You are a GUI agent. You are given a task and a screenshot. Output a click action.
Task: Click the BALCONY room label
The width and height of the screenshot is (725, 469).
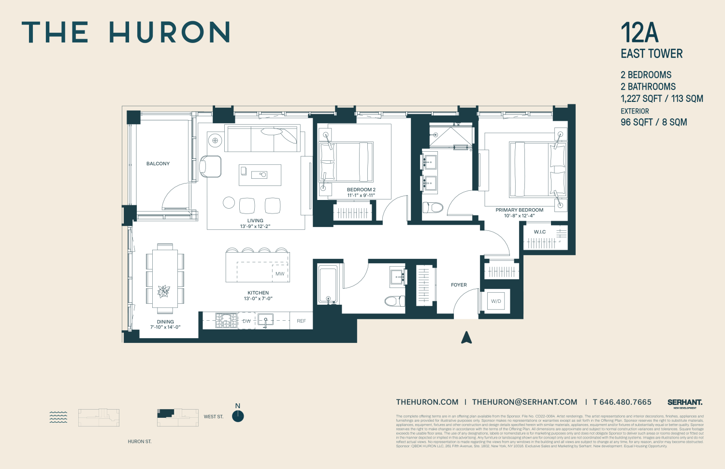(158, 164)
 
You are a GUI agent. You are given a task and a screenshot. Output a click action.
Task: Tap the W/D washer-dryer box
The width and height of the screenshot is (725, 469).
(496, 301)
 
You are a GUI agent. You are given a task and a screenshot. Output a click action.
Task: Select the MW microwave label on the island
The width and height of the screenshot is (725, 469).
(280, 274)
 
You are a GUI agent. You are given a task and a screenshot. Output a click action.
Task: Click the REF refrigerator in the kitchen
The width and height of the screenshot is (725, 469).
(301, 321)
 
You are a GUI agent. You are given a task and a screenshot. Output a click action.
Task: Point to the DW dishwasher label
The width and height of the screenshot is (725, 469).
(246, 321)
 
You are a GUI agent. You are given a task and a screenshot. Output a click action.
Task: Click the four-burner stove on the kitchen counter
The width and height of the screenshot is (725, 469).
(226, 320)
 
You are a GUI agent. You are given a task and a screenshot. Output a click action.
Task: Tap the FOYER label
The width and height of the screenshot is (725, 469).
(459, 285)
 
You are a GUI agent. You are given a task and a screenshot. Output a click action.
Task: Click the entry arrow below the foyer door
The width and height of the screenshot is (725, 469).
(466, 338)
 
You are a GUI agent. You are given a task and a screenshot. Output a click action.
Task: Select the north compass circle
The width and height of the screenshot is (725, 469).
(238, 416)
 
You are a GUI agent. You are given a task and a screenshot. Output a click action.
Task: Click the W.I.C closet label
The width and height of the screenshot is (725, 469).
(540, 232)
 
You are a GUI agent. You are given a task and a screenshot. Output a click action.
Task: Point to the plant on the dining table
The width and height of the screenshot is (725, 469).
(164, 291)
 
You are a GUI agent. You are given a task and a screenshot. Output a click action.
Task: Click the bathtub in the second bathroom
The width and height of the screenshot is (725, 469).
(328, 285)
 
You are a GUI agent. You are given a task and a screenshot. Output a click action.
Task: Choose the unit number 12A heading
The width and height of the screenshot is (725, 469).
(639, 33)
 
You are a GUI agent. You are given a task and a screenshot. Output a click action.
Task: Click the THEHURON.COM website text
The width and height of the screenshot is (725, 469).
(427, 402)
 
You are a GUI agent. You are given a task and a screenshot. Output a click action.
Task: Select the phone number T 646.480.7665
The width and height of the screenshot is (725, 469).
(622, 402)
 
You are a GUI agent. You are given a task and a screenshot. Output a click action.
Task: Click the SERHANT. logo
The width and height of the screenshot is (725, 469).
(685, 403)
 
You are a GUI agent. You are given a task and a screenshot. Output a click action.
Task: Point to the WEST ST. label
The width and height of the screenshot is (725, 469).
(214, 416)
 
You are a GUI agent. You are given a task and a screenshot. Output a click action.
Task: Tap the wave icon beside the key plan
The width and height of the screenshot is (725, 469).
(58, 417)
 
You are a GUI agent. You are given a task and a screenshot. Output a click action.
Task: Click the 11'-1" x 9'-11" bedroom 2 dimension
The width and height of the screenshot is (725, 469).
(361, 196)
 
